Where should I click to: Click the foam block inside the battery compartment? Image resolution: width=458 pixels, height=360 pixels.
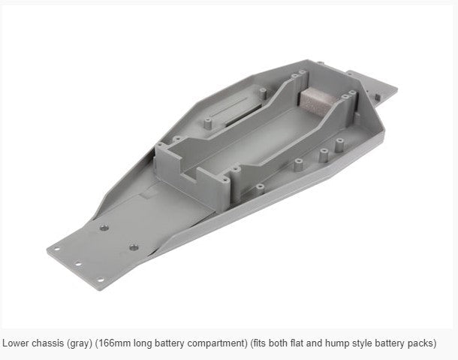315,98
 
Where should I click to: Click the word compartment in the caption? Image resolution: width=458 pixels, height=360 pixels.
217,343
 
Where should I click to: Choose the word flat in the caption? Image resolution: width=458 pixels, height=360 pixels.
303,343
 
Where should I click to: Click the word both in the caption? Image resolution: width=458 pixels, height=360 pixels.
283,343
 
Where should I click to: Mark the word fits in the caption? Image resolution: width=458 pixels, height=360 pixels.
263,343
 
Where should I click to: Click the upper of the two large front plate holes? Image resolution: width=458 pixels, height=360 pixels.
104,226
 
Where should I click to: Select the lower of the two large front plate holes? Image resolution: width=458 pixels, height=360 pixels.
133,246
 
